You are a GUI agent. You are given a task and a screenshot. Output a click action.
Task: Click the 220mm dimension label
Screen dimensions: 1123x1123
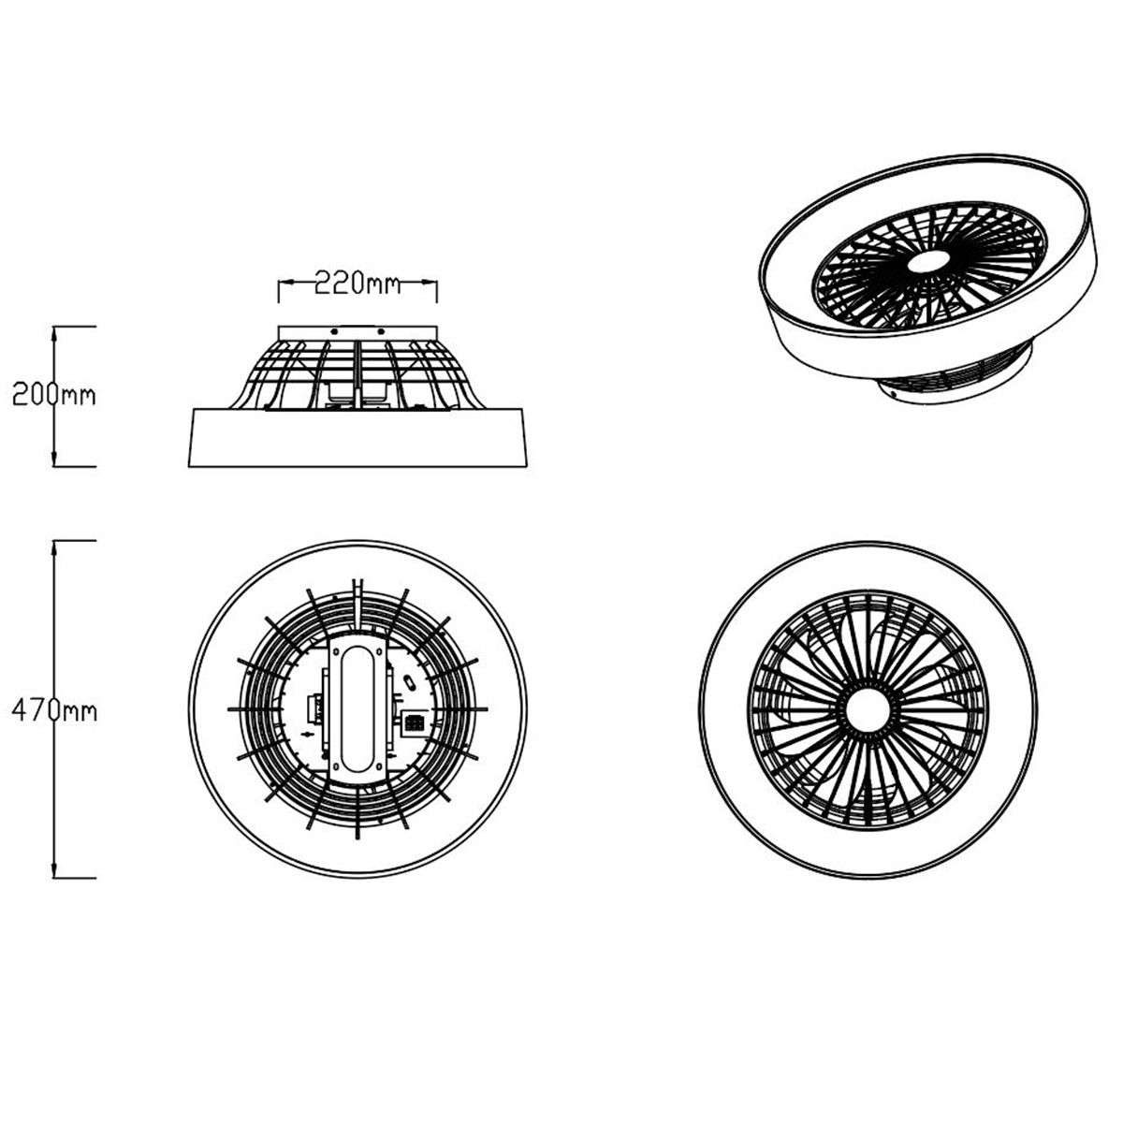click(x=357, y=282)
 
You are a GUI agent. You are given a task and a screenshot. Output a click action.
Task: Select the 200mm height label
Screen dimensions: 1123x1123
click(x=53, y=394)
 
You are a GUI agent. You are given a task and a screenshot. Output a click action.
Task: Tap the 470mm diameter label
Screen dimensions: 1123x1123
click(x=53, y=710)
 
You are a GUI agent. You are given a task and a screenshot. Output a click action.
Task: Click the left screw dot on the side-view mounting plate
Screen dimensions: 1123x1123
click(x=333, y=331)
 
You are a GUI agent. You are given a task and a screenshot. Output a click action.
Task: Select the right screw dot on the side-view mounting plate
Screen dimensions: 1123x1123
click(x=382, y=331)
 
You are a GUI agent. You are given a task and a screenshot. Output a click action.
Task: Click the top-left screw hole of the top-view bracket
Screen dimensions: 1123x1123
click(x=336, y=649)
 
